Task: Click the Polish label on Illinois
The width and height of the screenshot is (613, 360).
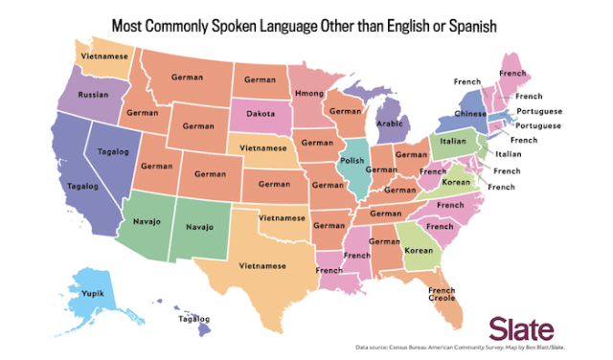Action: (x=352, y=161)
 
